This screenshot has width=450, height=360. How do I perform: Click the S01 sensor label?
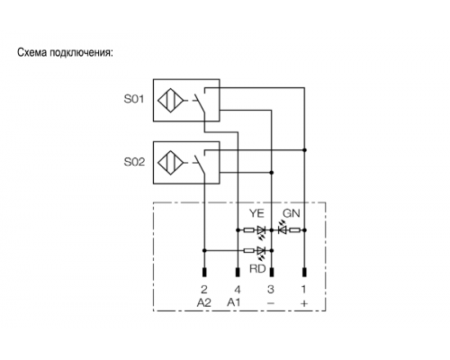tap(134, 99)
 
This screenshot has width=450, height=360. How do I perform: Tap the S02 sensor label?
tap(134, 162)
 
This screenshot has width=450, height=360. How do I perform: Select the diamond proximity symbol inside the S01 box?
tap(171, 100)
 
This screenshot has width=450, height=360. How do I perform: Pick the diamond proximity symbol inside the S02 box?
tap(171, 163)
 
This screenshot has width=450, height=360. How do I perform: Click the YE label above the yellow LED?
tap(256, 213)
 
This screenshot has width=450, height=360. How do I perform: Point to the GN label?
tap(292, 213)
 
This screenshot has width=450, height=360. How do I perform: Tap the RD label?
tap(257, 269)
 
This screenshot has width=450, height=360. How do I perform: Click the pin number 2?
tap(204, 290)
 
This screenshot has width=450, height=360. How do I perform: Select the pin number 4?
tap(238, 290)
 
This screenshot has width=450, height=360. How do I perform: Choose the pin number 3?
tap(271, 290)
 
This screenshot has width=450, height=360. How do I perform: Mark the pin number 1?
tap(303, 290)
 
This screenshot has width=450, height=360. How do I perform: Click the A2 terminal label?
tap(204, 302)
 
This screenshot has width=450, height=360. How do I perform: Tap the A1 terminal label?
tap(234, 302)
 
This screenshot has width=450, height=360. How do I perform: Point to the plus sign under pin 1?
tap(304, 303)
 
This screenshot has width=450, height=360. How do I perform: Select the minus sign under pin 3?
tap(271, 303)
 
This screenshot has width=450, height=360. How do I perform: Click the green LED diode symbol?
tap(282, 230)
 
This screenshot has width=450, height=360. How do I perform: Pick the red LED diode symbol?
tap(261, 250)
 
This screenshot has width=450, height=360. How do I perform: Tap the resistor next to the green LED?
tap(294, 230)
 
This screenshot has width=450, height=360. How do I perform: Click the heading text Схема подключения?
tap(65, 53)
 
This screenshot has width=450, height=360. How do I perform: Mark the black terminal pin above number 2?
tap(204, 272)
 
